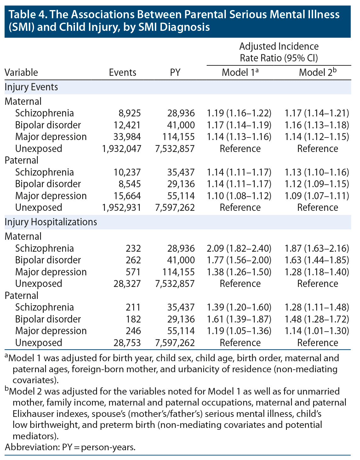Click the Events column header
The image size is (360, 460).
tap(123, 73)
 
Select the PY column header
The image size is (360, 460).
tap(175, 73)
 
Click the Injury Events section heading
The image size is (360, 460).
tap(31, 87)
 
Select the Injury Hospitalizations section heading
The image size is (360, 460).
tap(51, 222)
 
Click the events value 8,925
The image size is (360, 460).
tap(127, 113)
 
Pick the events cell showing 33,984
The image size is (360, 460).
tap(127, 137)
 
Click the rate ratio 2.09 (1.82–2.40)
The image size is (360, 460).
tap(239, 249)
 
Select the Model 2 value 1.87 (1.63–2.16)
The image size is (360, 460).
tap(317, 249)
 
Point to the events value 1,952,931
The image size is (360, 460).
tap(122, 208)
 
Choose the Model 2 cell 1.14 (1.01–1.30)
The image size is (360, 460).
tap(317, 331)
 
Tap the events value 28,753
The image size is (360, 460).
tap(127, 343)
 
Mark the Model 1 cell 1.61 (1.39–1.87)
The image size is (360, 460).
tap(239, 319)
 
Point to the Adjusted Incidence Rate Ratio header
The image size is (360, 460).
tap(279, 52)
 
